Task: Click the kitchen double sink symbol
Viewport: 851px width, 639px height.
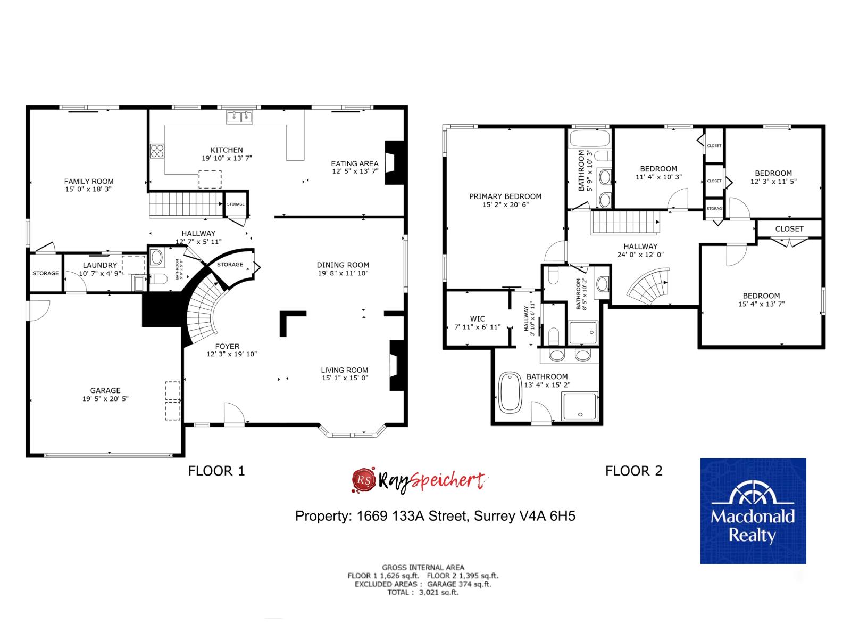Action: tap(239, 117)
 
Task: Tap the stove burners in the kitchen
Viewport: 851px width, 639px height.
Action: tap(157, 151)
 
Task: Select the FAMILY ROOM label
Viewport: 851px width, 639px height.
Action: tap(89, 182)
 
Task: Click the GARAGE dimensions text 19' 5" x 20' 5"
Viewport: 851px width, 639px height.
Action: tap(105, 398)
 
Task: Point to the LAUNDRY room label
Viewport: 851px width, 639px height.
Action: tap(100, 265)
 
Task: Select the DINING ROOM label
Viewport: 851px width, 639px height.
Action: tap(343, 265)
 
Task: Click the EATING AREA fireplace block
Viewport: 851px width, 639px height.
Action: tap(394, 162)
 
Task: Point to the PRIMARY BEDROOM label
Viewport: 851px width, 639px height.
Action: tap(505, 196)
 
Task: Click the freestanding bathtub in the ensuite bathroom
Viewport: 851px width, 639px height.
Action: tap(511, 392)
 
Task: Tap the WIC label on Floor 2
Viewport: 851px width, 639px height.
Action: tap(478, 319)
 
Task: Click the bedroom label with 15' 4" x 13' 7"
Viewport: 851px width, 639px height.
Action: tap(761, 296)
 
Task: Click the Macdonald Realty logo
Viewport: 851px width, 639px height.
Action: tap(753, 511)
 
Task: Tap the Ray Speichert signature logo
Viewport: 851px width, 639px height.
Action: tap(420, 479)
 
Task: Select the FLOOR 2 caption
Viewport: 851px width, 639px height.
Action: tap(634, 471)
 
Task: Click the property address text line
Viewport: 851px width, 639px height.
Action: tap(435, 516)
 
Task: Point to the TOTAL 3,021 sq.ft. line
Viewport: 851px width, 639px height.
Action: tap(423, 592)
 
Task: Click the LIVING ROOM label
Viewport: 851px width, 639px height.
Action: tap(344, 370)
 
